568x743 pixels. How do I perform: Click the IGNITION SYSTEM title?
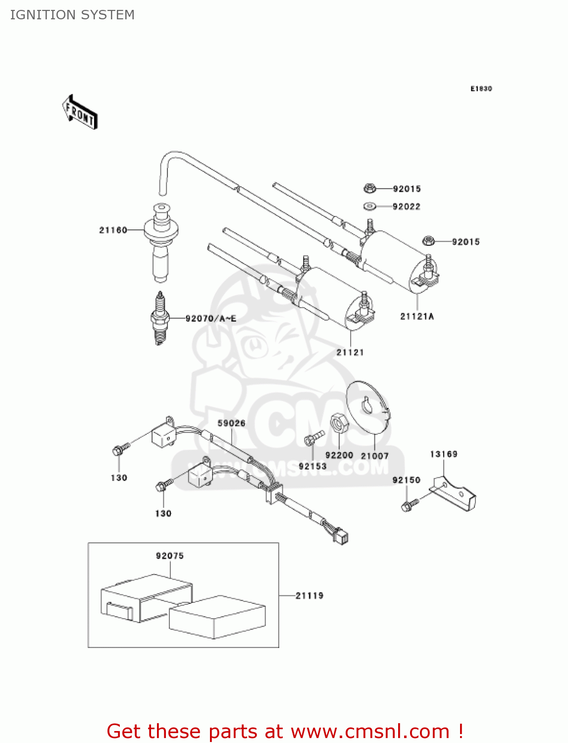pos(72,15)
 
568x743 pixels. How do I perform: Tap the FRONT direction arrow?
pos(80,112)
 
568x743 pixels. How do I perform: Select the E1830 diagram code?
pos(481,89)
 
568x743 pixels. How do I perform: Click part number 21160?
pos(113,230)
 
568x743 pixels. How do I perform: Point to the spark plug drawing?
pos(159,318)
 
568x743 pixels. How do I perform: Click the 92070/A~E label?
pos(210,318)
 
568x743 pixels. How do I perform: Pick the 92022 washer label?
pos(406,207)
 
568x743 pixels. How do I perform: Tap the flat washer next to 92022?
pos(370,206)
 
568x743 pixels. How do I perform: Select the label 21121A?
pos(417,317)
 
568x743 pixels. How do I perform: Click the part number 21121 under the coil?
pos(350,352)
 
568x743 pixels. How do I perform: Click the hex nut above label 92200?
pos(339,424)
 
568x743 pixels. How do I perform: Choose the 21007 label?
pos(374,456)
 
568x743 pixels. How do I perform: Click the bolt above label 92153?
pos(312,438)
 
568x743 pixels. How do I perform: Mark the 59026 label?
pos(231,423)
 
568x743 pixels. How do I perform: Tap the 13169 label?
pos(444,454)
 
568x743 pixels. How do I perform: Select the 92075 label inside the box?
pos(170,556)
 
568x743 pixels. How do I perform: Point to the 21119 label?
pos(310,595)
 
